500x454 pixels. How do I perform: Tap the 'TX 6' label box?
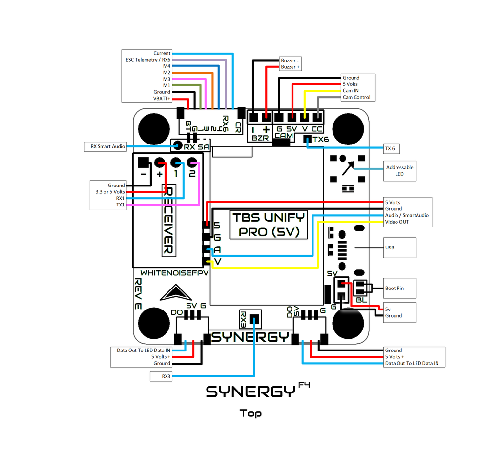tap(390, 148)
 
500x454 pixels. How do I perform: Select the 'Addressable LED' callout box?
tap(399, 170)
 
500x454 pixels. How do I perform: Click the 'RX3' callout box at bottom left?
tap(161, 376)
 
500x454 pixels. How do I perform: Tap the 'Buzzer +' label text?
tap(291, 67)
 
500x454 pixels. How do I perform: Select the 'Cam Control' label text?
tap(356, 97)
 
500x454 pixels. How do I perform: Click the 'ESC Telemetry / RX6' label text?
tap(148, 60)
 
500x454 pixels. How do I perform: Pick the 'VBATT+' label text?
tap(162, 98)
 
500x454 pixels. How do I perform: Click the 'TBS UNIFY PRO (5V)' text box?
tap(269, 225)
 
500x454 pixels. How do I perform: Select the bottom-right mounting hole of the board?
tap(348, 323)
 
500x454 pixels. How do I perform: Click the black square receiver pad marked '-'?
tap(143, 162)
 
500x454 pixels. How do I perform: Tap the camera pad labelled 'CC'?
tap(317, 117)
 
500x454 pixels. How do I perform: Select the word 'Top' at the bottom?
tap(250, 413)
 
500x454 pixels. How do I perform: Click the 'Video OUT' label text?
tap(397, 222)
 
